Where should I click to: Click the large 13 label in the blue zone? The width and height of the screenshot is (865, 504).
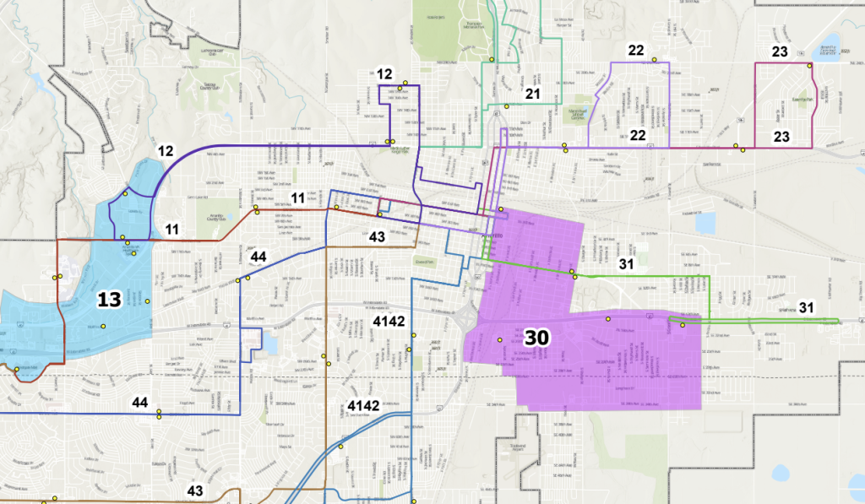pyautogui.click(x=109, y=299)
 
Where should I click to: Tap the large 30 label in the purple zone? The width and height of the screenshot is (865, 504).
pyautogui.click(x=537, y=337)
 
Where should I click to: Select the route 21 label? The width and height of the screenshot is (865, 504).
pyautogui.click(x=532, y=93)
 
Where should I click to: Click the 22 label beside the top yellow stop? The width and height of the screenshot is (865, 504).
pyautogui.click(x=636, y=51)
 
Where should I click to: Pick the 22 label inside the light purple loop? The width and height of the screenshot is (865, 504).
pyautogui.click(x=638, y=135)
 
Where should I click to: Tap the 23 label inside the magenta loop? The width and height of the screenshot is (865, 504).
pyautogui.click(x=781, y=136)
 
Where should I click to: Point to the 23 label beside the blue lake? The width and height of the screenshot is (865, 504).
pyautogui.click(x=781, y=52)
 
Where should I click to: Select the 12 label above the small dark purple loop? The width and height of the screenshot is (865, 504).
pyautogui.click(x=385, y=74)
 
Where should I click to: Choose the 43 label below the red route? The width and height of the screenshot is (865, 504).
pyautogui.click(x=377, y=236)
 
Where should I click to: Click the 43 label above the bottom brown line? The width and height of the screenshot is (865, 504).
pyautogui.click(x=195, y=490)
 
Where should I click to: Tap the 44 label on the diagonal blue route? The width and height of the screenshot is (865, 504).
pyautogui.click(x=258, y=257)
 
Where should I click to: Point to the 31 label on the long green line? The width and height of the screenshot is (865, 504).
pyautogui.click(x=626, y=263)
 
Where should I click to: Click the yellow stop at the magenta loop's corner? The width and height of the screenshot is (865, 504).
pyautogui.click(x=809, y=66)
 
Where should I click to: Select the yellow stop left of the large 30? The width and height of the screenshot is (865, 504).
pyautogui.click(x=500, y=340)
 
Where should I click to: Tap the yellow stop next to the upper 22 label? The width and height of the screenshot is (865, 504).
pyautogui.click(x=654, y=59)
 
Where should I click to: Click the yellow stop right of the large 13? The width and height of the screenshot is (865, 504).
pyautogui.click(x=147, y=301)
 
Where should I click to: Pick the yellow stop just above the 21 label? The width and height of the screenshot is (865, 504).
pyautogui.click(x=507, y=106)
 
